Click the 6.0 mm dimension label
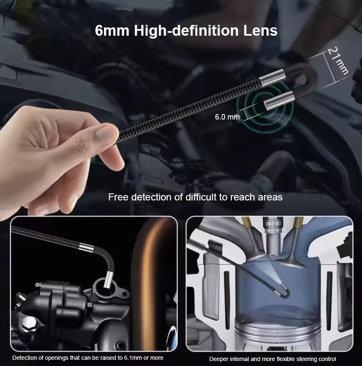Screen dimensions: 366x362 click(x=227, y=117)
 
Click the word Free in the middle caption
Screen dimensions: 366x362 click(x=118, y=197)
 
